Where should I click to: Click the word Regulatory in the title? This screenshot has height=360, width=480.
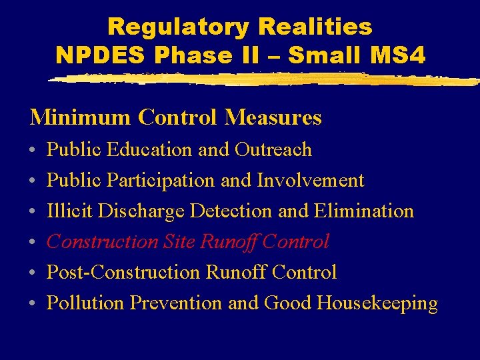[175, 27]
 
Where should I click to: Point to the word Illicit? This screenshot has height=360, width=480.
[69, 211]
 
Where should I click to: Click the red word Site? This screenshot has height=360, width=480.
[178, 241]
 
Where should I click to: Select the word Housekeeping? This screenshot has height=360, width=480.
[377, 303]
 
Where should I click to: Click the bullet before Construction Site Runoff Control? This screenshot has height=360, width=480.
[33, 242]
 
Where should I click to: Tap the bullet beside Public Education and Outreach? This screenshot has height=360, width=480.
[33, 150]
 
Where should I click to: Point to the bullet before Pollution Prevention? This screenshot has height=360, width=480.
[33, 303]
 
